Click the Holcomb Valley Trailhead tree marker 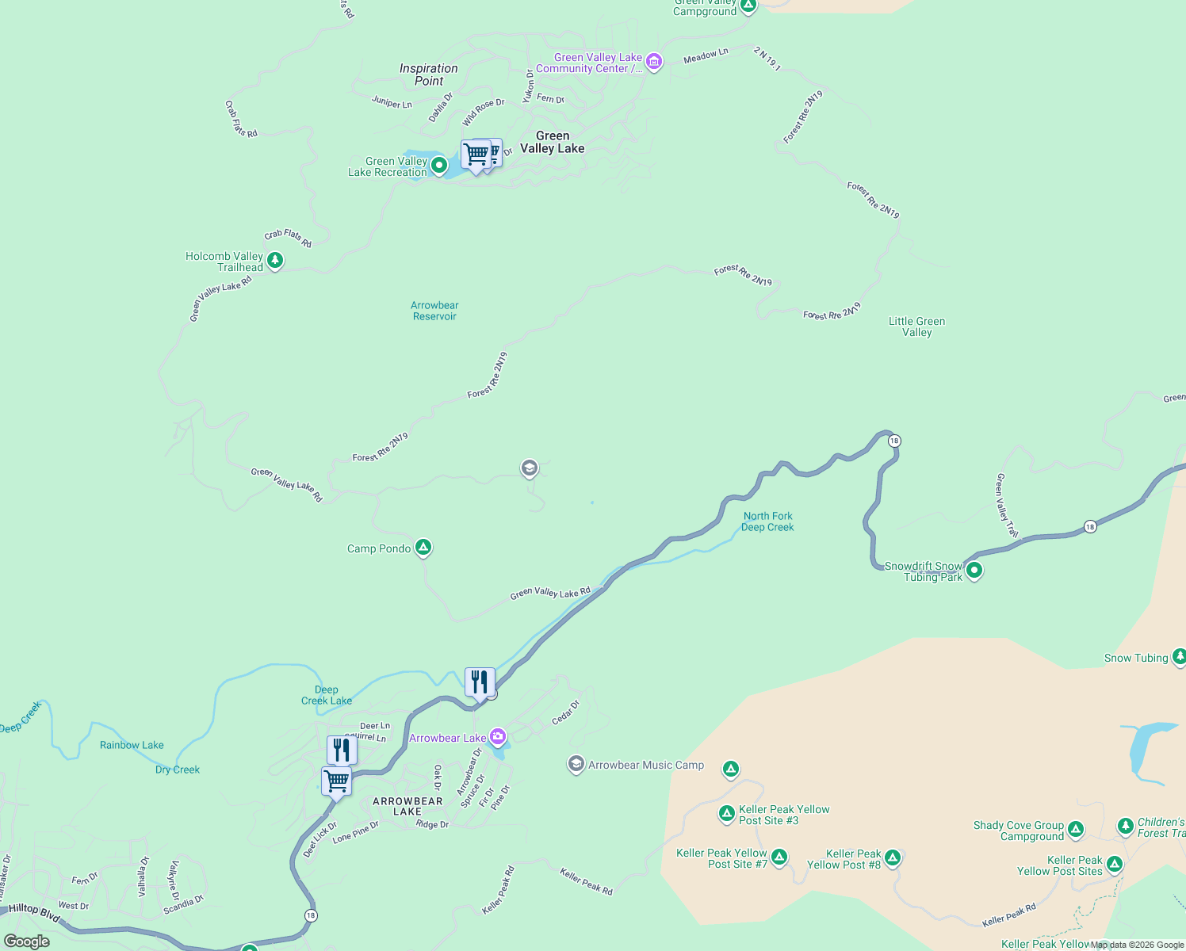click(x=275, y=260)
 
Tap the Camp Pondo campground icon click(x=423, y=547)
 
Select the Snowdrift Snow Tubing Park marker click(x=974, y=570)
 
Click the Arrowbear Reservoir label click(x=434, y=311)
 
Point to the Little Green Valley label click(x=916, y=327)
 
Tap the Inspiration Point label click(x=429, y=74)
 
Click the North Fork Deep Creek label click(x=767, y=521)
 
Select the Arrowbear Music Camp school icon click(x=576, y=764)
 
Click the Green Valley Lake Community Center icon click(x=654, y=62)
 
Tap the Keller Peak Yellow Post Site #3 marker click(x=727, y=813)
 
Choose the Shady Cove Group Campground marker click(x=1076, y=830)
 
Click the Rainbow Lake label click(x=132, y=745)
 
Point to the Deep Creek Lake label click(x=327, y=695)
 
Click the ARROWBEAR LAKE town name click(x=407, y=806)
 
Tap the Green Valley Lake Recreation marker click(x=438, y=166)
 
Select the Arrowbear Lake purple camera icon click(x=498, y=737)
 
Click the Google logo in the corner click(x=27, y=941)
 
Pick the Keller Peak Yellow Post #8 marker click(x=893, y=857)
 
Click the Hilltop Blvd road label click(x=34, y=913)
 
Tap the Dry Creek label click(x=178, y=770)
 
